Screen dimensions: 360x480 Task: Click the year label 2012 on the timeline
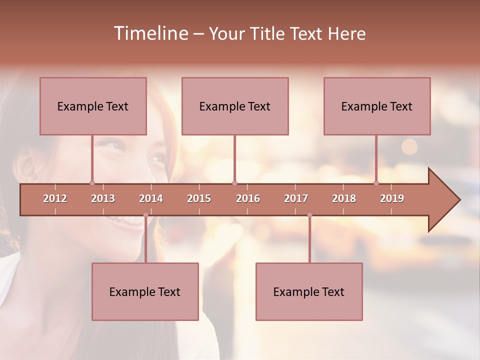[55, 198]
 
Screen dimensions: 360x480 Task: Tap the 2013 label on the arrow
[103, 198]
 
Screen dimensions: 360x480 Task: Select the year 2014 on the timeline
[151, 198]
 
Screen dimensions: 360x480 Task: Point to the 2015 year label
[199, 198]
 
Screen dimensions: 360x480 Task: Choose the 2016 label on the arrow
[248, 198]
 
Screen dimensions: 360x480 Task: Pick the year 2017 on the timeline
[296, 198]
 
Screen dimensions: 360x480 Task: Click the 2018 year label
[344, 198]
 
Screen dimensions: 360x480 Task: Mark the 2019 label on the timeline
[392, 198]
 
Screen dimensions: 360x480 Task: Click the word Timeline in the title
[150, 33]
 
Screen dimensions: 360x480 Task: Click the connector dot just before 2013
[92, 183]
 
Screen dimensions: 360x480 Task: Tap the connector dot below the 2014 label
[145, 215]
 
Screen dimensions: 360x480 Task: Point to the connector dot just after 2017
[309, 215]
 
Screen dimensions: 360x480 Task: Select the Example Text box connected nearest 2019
[377, 106]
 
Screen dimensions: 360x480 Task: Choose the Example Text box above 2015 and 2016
[235, 106]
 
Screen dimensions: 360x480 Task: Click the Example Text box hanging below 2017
[309, 291]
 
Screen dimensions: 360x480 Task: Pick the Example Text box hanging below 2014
[145, 291]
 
